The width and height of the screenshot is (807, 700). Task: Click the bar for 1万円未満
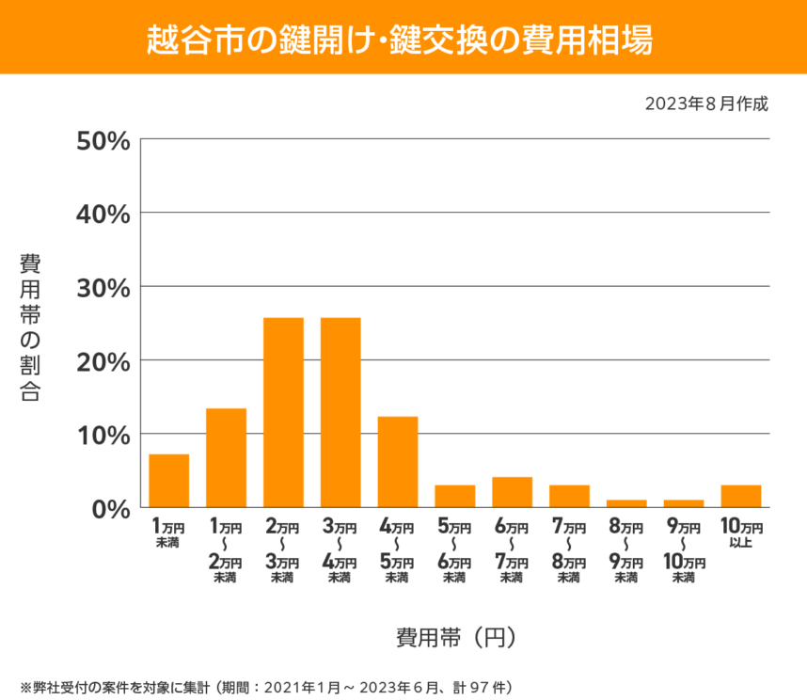(169, 481)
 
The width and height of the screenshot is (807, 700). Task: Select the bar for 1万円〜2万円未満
(226, 458)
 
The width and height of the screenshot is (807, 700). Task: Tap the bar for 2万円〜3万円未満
(283, 413)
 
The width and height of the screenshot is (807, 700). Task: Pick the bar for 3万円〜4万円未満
(340, 413)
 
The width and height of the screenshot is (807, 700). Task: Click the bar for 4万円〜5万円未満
(398, 462)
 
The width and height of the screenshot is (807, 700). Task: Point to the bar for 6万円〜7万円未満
(513, 492)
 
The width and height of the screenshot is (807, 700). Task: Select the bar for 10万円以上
(741, 496)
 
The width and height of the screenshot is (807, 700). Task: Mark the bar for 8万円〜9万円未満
(626, 503)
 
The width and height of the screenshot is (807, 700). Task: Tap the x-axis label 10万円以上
(741, 533)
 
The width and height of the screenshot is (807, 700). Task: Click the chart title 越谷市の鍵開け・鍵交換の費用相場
(403, 38)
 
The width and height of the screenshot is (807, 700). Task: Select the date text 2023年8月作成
(706, 103)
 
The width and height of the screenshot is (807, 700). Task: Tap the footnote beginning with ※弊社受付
(265, 686)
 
